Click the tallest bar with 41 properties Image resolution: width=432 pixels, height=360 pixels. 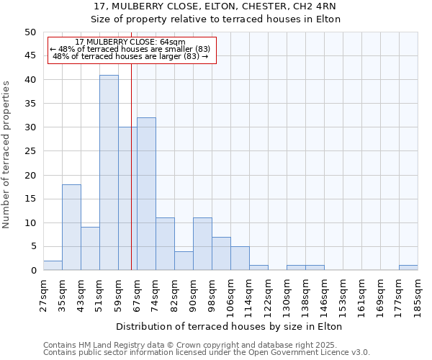point(109,173)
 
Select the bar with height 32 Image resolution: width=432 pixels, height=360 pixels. point(146,194)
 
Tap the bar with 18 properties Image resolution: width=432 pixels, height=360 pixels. point(71,228)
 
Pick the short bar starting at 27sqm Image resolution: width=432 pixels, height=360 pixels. point(53,266)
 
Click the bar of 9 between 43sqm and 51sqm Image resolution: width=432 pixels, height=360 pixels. point(90,249)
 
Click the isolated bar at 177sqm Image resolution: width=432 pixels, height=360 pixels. point(408,268)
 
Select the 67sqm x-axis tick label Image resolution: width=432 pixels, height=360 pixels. point(138,293)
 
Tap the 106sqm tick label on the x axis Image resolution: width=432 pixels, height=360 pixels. point(231,296)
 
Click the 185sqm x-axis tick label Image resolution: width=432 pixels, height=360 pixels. point(418,296)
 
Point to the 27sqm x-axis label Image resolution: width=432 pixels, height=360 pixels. point(44,293)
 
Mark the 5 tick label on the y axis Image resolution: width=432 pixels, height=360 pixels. point(32,246)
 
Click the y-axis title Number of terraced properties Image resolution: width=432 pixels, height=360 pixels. point(7,154)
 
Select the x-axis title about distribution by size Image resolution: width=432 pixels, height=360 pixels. point(228,326)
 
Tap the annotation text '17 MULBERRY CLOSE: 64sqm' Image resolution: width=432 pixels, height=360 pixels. point(130,42)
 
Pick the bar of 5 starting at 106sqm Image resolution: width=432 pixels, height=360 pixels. point(240,258)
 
